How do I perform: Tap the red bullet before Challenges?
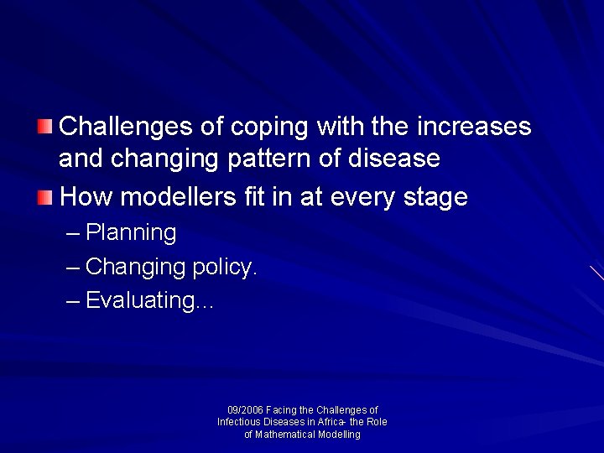(x=45, y=127)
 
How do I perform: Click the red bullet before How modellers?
(x=45, y=198)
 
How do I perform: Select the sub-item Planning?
(x=131, y=232)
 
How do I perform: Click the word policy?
(x=225, y=267)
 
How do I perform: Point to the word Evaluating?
(x=140, y=300)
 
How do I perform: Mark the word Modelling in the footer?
(x=339, y=435)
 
